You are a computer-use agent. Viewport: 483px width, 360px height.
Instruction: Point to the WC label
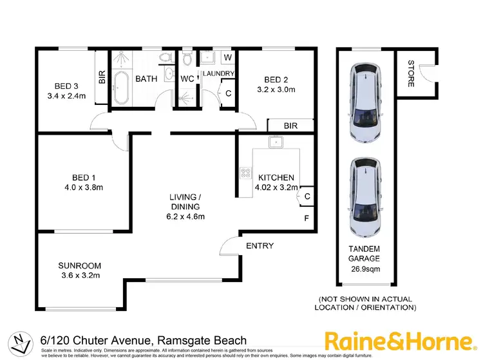tap(187, 79)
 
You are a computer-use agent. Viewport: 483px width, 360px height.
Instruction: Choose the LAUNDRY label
tap(218, 73)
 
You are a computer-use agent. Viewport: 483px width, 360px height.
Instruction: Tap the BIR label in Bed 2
tap(290, 126)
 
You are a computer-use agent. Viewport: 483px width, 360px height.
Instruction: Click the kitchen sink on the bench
tap(276, 142)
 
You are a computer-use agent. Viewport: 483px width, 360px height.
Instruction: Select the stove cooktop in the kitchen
tap(245, 173)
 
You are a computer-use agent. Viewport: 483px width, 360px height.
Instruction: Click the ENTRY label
tap(260, 245)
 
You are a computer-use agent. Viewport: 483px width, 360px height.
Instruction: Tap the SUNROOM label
tap(79, 265)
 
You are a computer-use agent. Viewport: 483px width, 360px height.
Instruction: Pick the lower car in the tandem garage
tap(365, 198)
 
